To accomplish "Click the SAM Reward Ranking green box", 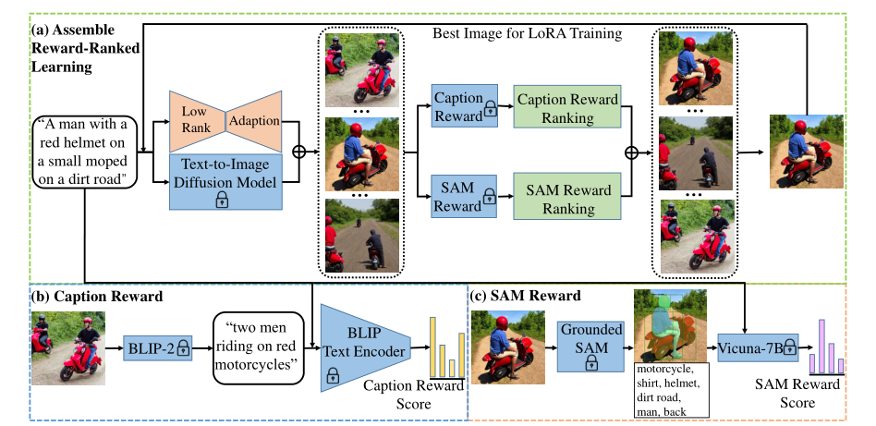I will click(566, 201).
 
